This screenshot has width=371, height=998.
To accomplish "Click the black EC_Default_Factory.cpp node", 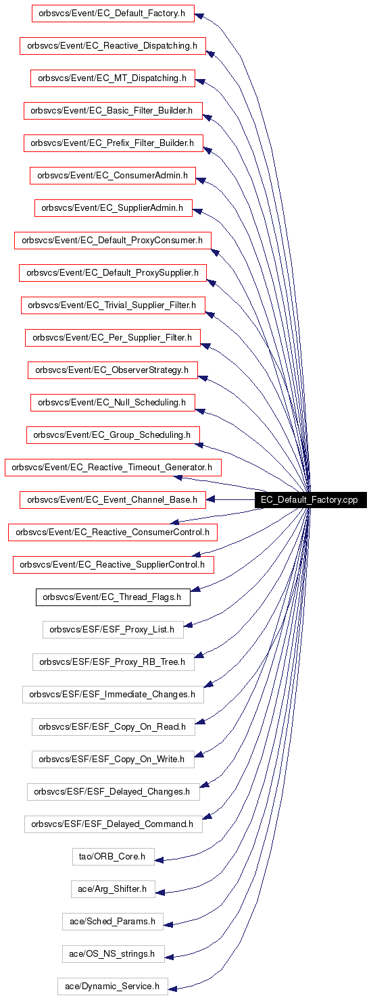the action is tap(310, 499).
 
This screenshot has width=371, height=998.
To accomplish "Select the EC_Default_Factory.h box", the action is tap(113, 14).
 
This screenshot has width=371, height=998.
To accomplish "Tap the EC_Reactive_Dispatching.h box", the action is tap(113, 46).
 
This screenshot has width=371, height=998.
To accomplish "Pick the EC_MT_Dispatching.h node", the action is tap(113, 78).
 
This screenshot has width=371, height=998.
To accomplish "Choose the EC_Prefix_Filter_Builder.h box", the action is tap(113, 143).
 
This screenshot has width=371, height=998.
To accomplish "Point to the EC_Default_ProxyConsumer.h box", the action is tap(113, 241).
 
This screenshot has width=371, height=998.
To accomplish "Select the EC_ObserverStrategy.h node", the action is tap(113, 370).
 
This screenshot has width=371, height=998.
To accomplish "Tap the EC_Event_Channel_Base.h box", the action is tap(113, 500).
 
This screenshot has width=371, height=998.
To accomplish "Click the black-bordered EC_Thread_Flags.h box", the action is tap(113, 597).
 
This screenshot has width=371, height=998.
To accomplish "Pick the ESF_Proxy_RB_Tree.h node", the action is tap(113, 662).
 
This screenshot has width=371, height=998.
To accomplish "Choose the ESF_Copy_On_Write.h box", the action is tap(113, 759).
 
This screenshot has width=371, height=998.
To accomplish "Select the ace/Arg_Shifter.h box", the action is tap(113, 889).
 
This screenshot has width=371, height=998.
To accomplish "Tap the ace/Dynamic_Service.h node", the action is tap(113, 987).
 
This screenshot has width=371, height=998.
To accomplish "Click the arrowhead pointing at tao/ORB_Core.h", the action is tap(159, 859).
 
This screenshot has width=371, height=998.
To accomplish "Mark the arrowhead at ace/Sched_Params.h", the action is tap(168, 925).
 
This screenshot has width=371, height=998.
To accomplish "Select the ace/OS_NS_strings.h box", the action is tap(113, 954).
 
